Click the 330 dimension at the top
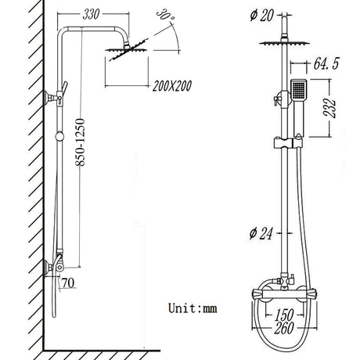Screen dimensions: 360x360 pyautogui.click(x=92, y=15)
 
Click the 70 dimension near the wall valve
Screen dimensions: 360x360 pyautogui.click(x=67, y=282)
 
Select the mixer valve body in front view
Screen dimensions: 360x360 pyautogui.click(x=283, y=295)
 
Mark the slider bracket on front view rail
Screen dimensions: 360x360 pyautogui.click(x=283, y=144)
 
